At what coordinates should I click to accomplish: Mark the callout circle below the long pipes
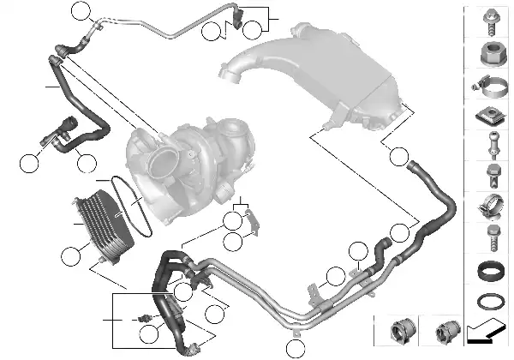295,349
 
